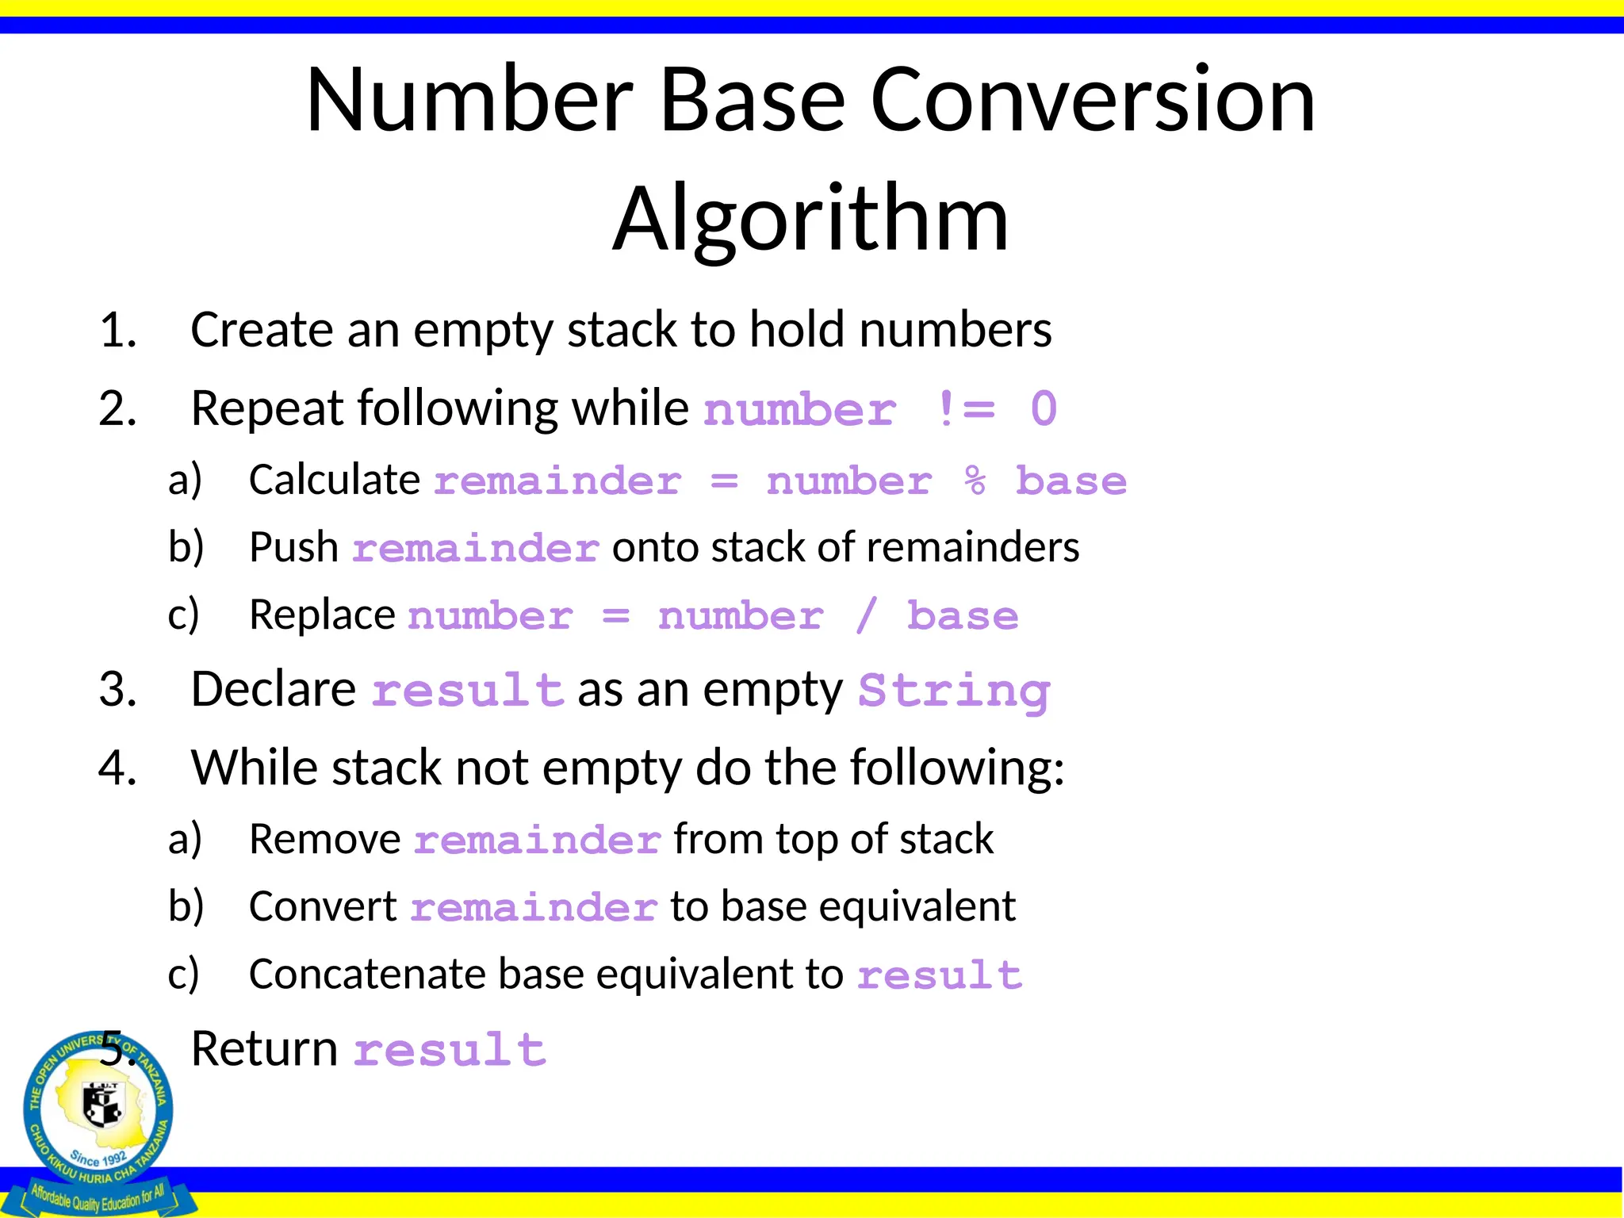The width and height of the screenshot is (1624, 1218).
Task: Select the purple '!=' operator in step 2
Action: (x=965, y=410)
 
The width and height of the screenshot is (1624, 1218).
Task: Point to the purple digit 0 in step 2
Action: (x=1044, y=410)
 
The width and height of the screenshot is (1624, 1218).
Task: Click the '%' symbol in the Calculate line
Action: (x=975, y=481)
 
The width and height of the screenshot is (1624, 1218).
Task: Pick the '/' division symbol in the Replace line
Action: (x=866, y=616)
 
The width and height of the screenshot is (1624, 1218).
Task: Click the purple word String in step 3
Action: (x=954, y=691)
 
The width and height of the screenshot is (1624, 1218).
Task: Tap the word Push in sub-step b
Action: (x=293, y=548)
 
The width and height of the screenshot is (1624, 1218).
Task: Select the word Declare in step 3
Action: (x=274, y=689)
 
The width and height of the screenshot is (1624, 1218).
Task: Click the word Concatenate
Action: (x=367, y=975)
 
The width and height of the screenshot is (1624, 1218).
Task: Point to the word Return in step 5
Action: (x=265, y=1049)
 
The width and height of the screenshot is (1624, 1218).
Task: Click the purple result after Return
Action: (x=450, y=1051)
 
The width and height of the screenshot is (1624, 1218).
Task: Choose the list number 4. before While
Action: (x=117, y=768)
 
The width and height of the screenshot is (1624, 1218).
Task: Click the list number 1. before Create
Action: (x=118, y=331)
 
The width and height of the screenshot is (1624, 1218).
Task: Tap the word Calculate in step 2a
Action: (x=334, y=480)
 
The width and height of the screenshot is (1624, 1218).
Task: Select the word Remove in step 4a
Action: (x=325, y=840)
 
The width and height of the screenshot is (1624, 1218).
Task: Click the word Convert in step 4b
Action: (x=323, y=907)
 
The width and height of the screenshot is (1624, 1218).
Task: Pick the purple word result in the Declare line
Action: (x=468, y=691)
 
